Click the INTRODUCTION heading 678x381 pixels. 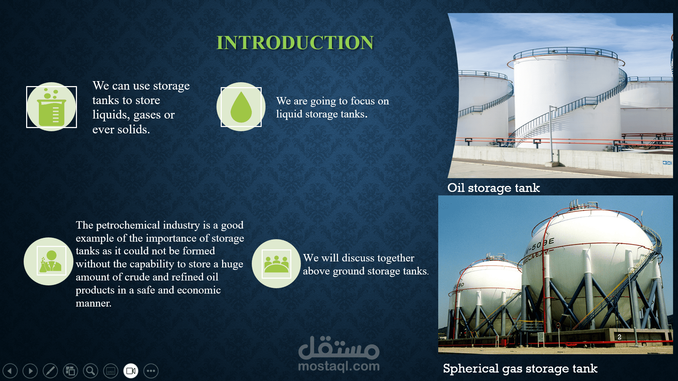(x=295, y=43)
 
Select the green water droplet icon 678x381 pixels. (x=241, y=107)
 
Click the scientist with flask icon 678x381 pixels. (x=51, y=261)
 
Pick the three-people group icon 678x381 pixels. (x=276, y=264)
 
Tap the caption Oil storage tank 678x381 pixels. (x=493, y=188)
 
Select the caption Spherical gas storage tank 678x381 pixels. (x=520, y=369)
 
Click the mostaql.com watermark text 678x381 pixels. (x=339, y=366)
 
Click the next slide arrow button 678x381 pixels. (x=30, y=371)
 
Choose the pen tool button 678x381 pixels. (x=50, y=371)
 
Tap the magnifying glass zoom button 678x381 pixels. (x=90, y=371)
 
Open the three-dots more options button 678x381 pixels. (x=151, y=371)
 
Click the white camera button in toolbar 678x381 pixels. (x=131, y=371)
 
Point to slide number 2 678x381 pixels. (x=619, y=337)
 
